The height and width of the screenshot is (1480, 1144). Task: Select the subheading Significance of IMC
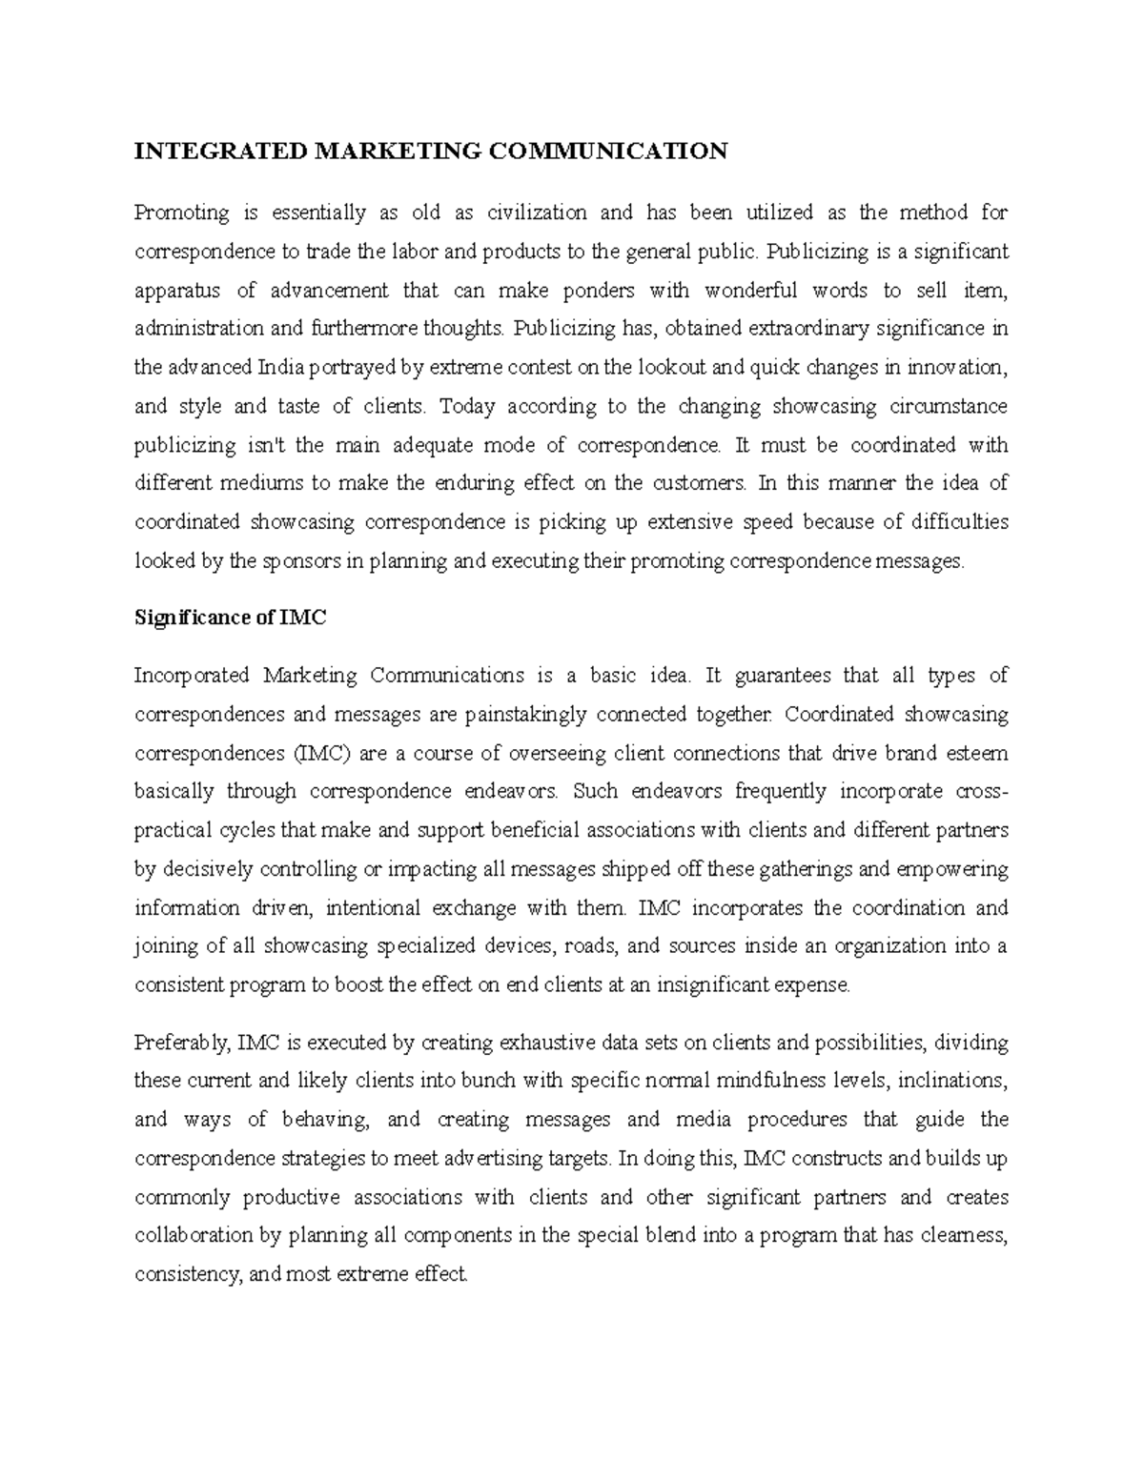point(230,618)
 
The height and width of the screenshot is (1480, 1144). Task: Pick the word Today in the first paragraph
point(467,407)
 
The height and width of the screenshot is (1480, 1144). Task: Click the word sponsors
point(300,561)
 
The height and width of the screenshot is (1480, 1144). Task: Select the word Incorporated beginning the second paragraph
point(192,676)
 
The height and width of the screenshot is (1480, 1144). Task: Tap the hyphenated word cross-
point(981,792)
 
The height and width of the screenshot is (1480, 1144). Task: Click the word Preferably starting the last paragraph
point(182,1043)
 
